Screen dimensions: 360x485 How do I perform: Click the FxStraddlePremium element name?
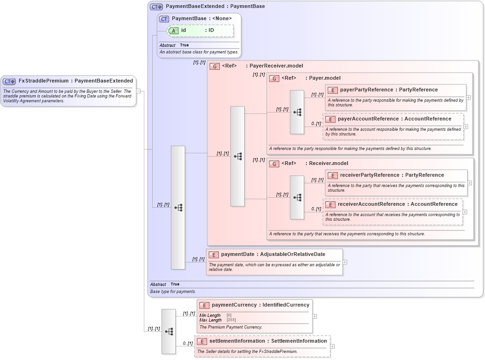[x=44, y=81]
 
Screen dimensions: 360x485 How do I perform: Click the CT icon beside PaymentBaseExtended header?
[x=156, y=7]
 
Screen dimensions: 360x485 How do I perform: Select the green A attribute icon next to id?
[x=173, y=30]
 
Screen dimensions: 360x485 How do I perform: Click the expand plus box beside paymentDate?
[x=345, y=262]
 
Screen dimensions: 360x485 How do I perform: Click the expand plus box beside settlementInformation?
[x=333, y=346]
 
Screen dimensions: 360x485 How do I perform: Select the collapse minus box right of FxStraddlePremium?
[x=139, y=91]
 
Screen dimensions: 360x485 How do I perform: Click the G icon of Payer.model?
[x=274, y=78]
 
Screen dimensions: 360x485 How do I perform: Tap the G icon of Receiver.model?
[x=274, y=164]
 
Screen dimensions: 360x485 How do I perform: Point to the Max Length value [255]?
[x=231, y=320]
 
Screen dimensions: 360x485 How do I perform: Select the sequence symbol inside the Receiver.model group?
[x=297, y=197]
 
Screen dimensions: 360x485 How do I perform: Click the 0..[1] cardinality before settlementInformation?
[x=187, y=344]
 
